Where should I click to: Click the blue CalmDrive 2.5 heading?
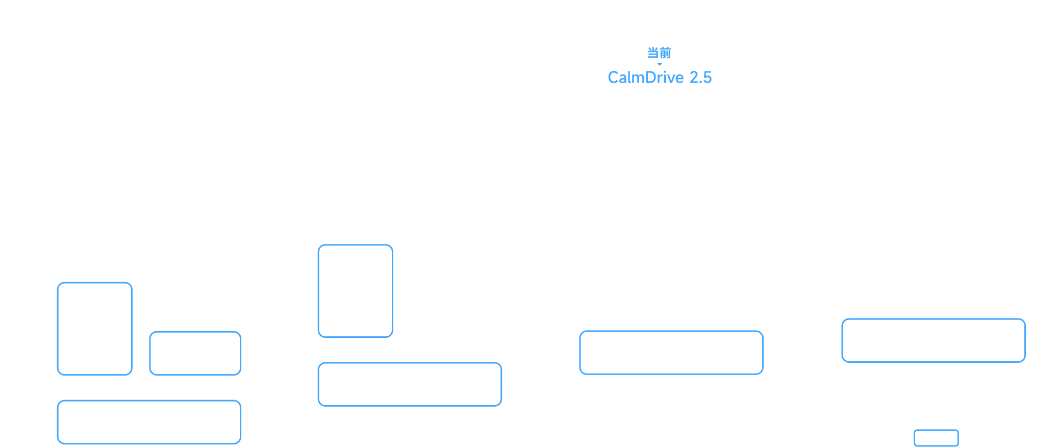[x=660, y=78]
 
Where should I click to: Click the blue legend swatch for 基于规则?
[x=936, y=438]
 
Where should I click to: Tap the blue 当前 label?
[x=659, y=53]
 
